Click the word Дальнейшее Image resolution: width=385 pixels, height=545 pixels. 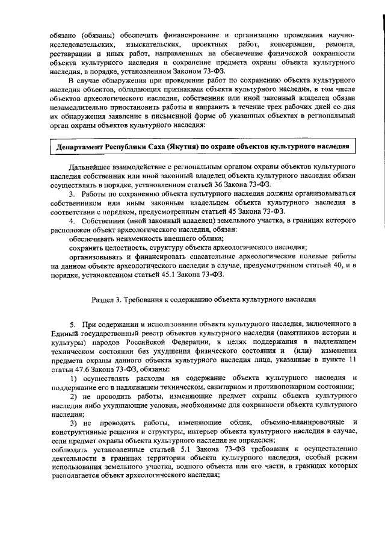click(x=91, y=166)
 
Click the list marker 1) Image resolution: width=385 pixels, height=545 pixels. click(x=73, y=378)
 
